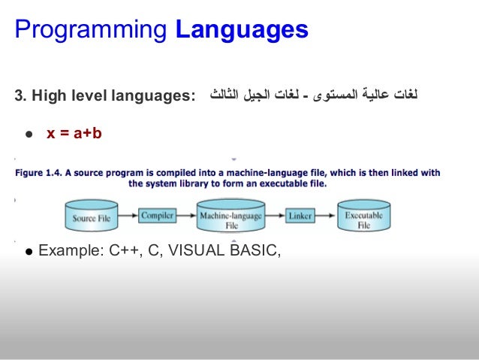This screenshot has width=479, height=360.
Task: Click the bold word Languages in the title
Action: tap(242, 30)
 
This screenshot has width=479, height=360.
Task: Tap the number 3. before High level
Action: tap(20, 97)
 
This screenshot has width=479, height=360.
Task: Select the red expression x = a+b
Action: tap(74, 134)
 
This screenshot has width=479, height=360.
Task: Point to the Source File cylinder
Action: tap(94, 217)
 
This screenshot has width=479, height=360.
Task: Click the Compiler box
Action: tap(158, 216)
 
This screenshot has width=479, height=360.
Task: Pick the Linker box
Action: tap(300, 216)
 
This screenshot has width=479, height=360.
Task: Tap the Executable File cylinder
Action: tap(364, 217)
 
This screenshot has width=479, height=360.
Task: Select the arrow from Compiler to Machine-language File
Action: tap(187, 216)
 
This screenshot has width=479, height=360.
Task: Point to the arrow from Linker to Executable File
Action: tap(326, 216)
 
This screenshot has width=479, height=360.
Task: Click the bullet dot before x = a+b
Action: tap(28, 135)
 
